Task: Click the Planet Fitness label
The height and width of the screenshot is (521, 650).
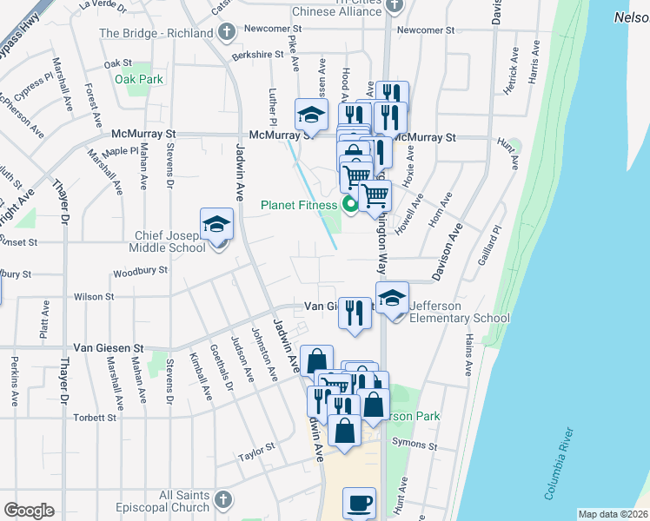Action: (299, 206)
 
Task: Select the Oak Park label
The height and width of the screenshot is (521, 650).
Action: (139, 79)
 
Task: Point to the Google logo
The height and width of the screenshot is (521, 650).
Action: (29, 511)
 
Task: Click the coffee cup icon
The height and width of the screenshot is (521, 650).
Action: (359, 502)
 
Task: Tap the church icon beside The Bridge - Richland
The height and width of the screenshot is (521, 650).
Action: (227, 33)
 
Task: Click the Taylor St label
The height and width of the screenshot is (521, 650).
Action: (257, 452)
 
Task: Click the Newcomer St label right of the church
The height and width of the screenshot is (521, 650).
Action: (425, 30)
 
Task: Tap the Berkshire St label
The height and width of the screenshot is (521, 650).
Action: (257, 54)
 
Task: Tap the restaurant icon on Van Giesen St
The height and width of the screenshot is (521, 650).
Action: (354, 313)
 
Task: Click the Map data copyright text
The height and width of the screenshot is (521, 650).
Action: (613, 514)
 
